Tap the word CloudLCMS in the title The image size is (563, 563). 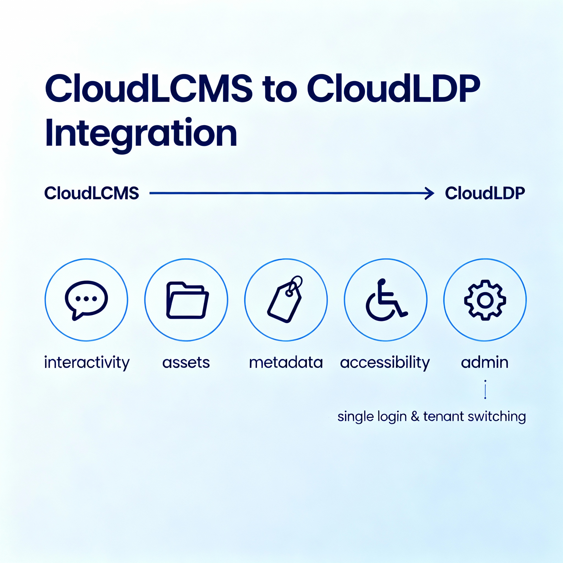click(x=149, y=89)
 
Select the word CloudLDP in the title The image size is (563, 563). click(x=393, y=89)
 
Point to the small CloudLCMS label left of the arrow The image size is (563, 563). click(x=92, y=193)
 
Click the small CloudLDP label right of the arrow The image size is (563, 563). click(x=485, y=193)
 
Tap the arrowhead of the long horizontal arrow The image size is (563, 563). click(x=430, y=193)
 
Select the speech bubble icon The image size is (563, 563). click(x=86, y=300)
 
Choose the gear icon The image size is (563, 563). click(x=485, y=300)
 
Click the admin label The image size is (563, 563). click(x=485, y=363)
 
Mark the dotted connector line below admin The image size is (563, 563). click(x=485, y=389)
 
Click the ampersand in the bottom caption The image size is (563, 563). click(x=415, y=416)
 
